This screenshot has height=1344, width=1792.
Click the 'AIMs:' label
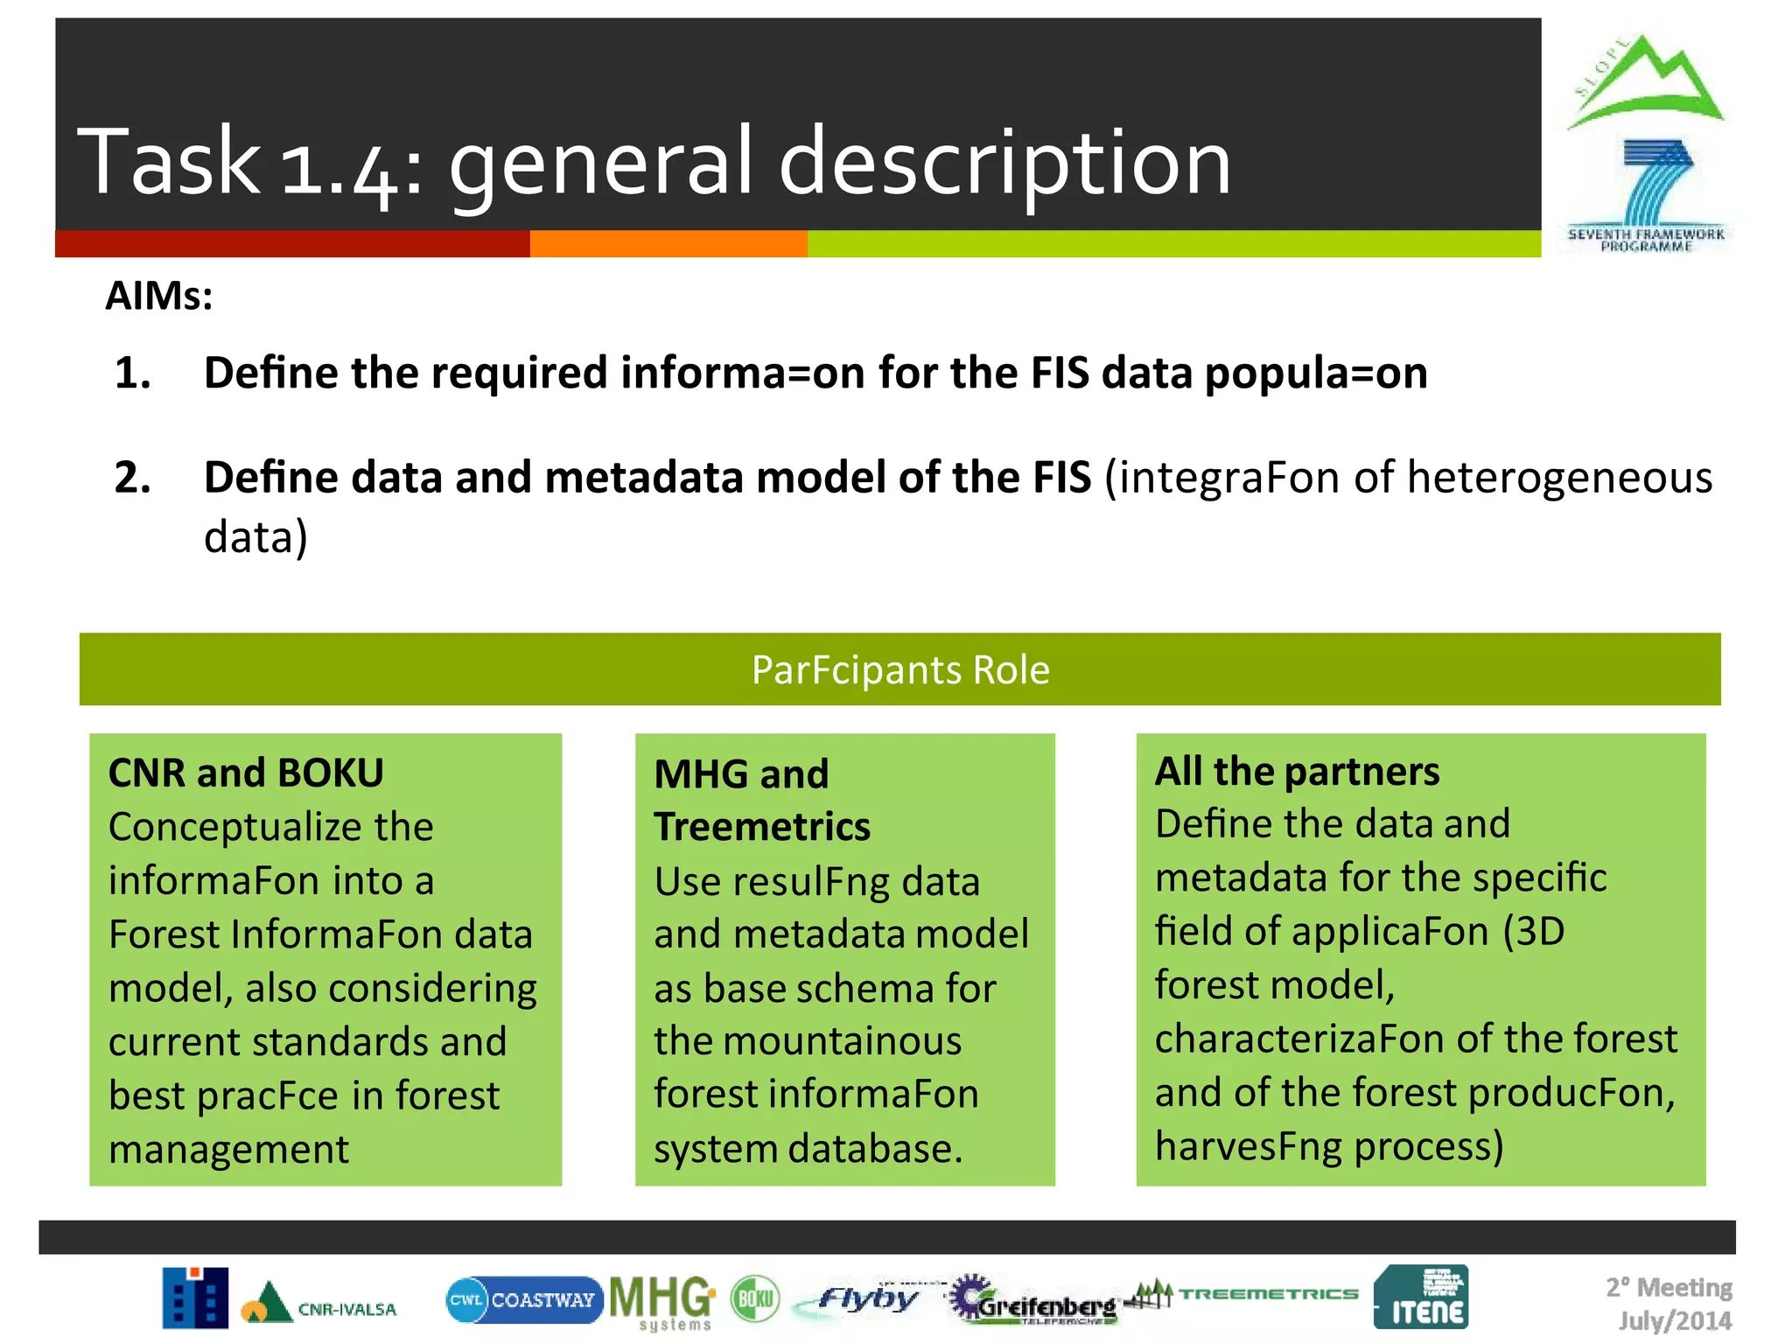(159, 296)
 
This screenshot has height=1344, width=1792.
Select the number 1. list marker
(133, 374)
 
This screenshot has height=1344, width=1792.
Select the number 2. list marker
(133, 479)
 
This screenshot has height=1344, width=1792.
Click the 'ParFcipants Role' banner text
(899, 670)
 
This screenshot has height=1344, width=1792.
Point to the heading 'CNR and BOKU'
(246, 773)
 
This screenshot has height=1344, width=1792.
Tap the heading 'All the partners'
(1297, 772)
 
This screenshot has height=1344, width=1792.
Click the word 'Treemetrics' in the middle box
(762, 827)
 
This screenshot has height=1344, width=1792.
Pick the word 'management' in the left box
(229, 1150)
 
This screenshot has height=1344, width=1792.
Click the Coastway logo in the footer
(524, 1300)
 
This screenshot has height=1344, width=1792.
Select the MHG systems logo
(662, 1301)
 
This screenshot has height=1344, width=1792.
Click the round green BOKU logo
(755, 1299)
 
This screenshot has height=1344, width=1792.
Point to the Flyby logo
(866, 1299)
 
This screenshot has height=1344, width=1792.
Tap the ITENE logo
(1421, 1298)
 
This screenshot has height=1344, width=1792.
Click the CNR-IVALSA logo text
(346, 1309)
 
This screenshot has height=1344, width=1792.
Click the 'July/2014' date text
(1675, 1320)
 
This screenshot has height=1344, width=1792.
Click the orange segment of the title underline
(668, 244)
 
